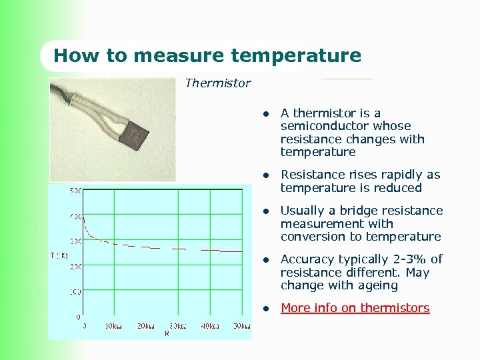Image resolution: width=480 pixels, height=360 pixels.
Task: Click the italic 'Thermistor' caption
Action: [x=217, y=83]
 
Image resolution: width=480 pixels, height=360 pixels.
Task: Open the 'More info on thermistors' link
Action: [x=355, y=308]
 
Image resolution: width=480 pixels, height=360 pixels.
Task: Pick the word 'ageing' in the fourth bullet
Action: [x=378, y=285]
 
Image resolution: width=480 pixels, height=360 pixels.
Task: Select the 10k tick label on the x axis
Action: [x=113, y=325]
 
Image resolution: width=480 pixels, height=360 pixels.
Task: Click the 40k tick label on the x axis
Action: [x=209, y=325]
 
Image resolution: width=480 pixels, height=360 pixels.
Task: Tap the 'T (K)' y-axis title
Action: [x=59, y=255]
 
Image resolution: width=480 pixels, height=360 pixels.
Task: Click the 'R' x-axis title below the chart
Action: [x=166, y=333]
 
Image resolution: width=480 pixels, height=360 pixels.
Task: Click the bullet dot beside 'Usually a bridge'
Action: [x=265, y=211]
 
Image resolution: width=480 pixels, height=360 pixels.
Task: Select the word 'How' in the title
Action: [x=71, y=55]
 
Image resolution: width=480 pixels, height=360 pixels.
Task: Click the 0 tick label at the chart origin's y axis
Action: [x=79, y=317]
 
